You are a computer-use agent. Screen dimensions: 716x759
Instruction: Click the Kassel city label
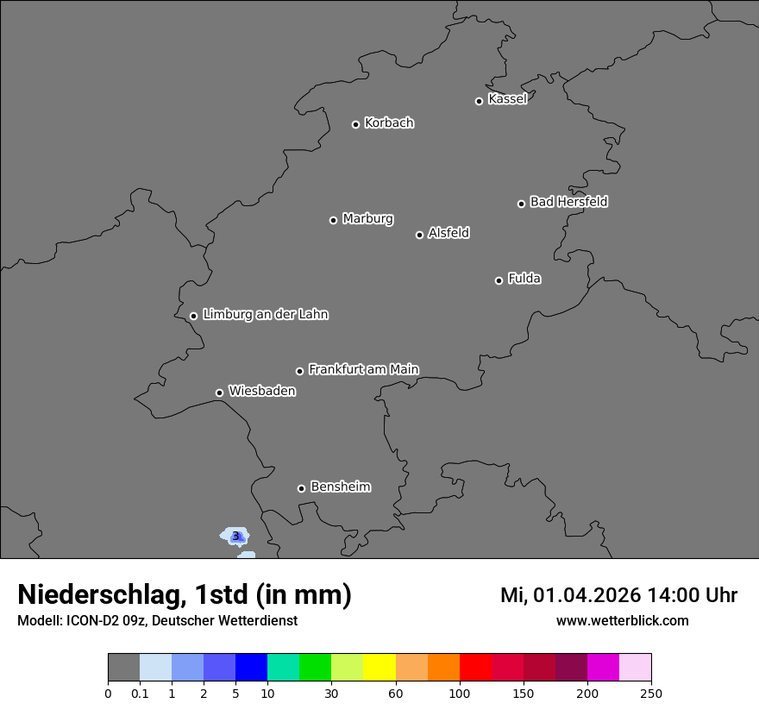coord(507,99)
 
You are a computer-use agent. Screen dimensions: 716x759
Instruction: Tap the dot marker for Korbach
coord(355,124)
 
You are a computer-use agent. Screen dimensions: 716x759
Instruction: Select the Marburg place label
coord(367,219)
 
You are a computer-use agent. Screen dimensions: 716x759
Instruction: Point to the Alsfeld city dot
coord(419,235)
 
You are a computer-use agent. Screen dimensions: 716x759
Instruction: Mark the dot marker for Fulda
coord(499,280)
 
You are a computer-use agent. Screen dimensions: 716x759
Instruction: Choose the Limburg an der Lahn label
coord(265,315)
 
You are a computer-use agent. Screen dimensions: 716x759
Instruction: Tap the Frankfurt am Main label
coord(363,369)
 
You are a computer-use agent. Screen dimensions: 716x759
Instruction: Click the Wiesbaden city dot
coord(219,393)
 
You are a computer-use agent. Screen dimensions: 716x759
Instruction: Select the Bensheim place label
coord(340,487)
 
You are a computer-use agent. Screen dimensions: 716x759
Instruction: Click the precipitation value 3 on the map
coord(235,536)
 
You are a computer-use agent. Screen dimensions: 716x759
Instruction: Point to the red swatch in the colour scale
coord(475,668)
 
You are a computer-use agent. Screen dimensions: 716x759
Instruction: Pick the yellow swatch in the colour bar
coord(379,668)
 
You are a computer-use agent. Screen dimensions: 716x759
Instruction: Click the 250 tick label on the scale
coord(651,693)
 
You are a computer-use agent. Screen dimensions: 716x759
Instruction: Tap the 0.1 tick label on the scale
coord(140,693)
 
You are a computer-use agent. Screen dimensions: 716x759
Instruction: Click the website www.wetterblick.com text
coord(622,620)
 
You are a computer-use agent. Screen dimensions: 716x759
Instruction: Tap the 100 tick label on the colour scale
coord(460,693)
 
